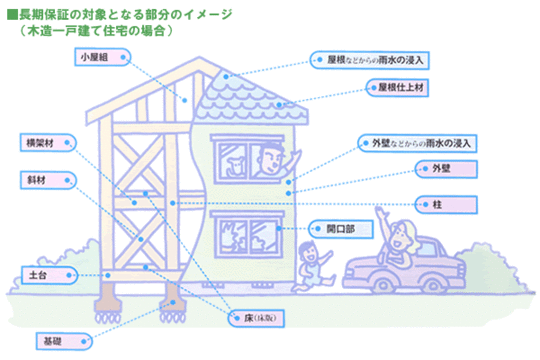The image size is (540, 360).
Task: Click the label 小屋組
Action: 98,58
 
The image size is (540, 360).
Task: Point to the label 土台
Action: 37,272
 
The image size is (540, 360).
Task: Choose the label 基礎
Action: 52,342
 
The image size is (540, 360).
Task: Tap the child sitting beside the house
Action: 311,263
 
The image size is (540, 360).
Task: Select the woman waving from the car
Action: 402,238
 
